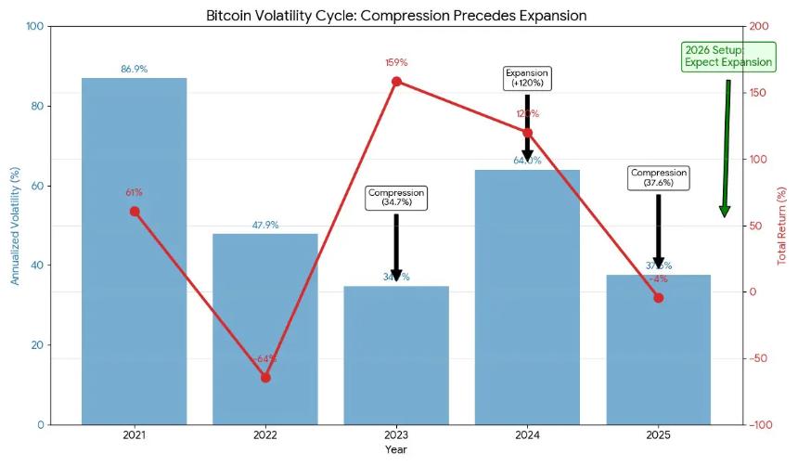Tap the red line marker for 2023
(396, 82)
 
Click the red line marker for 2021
(135, 212)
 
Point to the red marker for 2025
(659, 298)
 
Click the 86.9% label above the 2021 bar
(135, 69)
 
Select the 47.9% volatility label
(265, 225)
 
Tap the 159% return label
(396, 62)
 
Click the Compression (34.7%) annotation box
(396, 198)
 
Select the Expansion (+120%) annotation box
(527, 78)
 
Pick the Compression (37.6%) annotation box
(659, 177)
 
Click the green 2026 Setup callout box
(728, 56)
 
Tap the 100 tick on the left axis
(35, 26)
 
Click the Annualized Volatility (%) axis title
(15, 226)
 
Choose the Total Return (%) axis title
(782, 226)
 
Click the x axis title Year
(396, 449)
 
